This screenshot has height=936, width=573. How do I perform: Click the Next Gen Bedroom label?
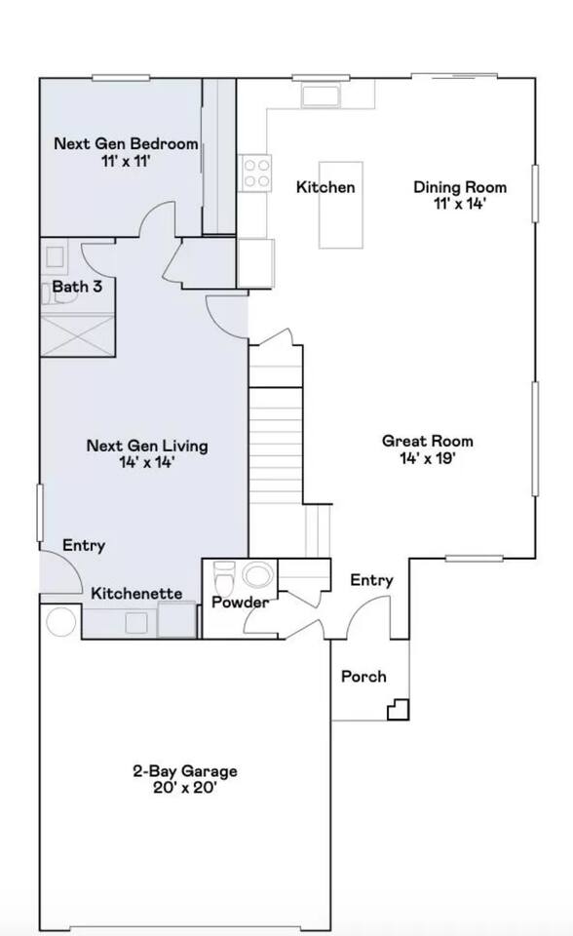(x=126, y=144)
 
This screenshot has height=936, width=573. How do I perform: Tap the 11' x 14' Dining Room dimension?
(x=460, y=204)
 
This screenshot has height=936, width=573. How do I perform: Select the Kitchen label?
(x=325, y=187)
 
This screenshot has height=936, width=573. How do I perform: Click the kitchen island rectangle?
(x=341, y=205)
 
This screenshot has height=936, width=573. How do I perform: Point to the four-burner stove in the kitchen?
(x=256, y=174)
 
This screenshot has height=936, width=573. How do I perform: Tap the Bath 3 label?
(x=77, y=287)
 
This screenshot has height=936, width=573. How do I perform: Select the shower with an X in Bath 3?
(x=78, y=334)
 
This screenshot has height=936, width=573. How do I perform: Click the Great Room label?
(x=428, y=441)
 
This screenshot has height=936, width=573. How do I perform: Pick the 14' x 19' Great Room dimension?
(x=428, y=458)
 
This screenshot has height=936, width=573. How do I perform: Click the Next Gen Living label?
(x=147, y=446)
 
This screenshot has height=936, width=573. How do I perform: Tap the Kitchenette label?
(x=136, y=594)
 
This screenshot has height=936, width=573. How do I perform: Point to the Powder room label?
(x=241, y=603)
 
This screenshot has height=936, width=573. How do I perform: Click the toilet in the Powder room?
(x=224, y=576)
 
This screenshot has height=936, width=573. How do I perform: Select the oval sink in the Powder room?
(x=258, y=575)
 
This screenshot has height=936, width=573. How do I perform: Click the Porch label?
(x=363, y=677)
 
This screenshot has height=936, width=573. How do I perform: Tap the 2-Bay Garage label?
(x=184, y=771)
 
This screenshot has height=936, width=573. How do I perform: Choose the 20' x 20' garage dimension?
(x=184, y=788)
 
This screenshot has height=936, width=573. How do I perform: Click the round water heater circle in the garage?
(x=60, y=622)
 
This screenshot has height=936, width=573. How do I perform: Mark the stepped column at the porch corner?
(x=399, y=709)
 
